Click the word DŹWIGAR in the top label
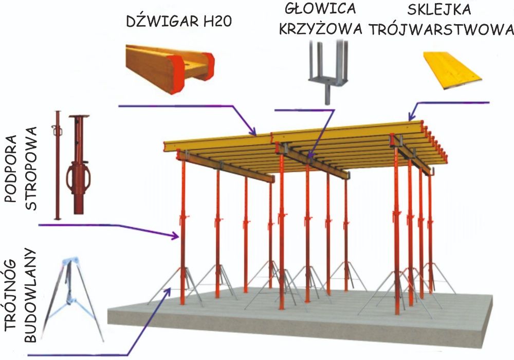click(162, 21)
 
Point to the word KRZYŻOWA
click(321, 28)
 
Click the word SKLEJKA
click(439, 9)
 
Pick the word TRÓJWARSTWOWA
click(442, 29)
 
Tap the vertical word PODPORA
click(11, 169)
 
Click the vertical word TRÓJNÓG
click(11, 295)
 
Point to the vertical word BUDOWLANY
click(30, 295)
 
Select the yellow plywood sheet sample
click(453, 70)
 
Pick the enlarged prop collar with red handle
click(79, 165)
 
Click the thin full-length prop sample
click(58, 165)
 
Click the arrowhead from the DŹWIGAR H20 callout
click(252, 132)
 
